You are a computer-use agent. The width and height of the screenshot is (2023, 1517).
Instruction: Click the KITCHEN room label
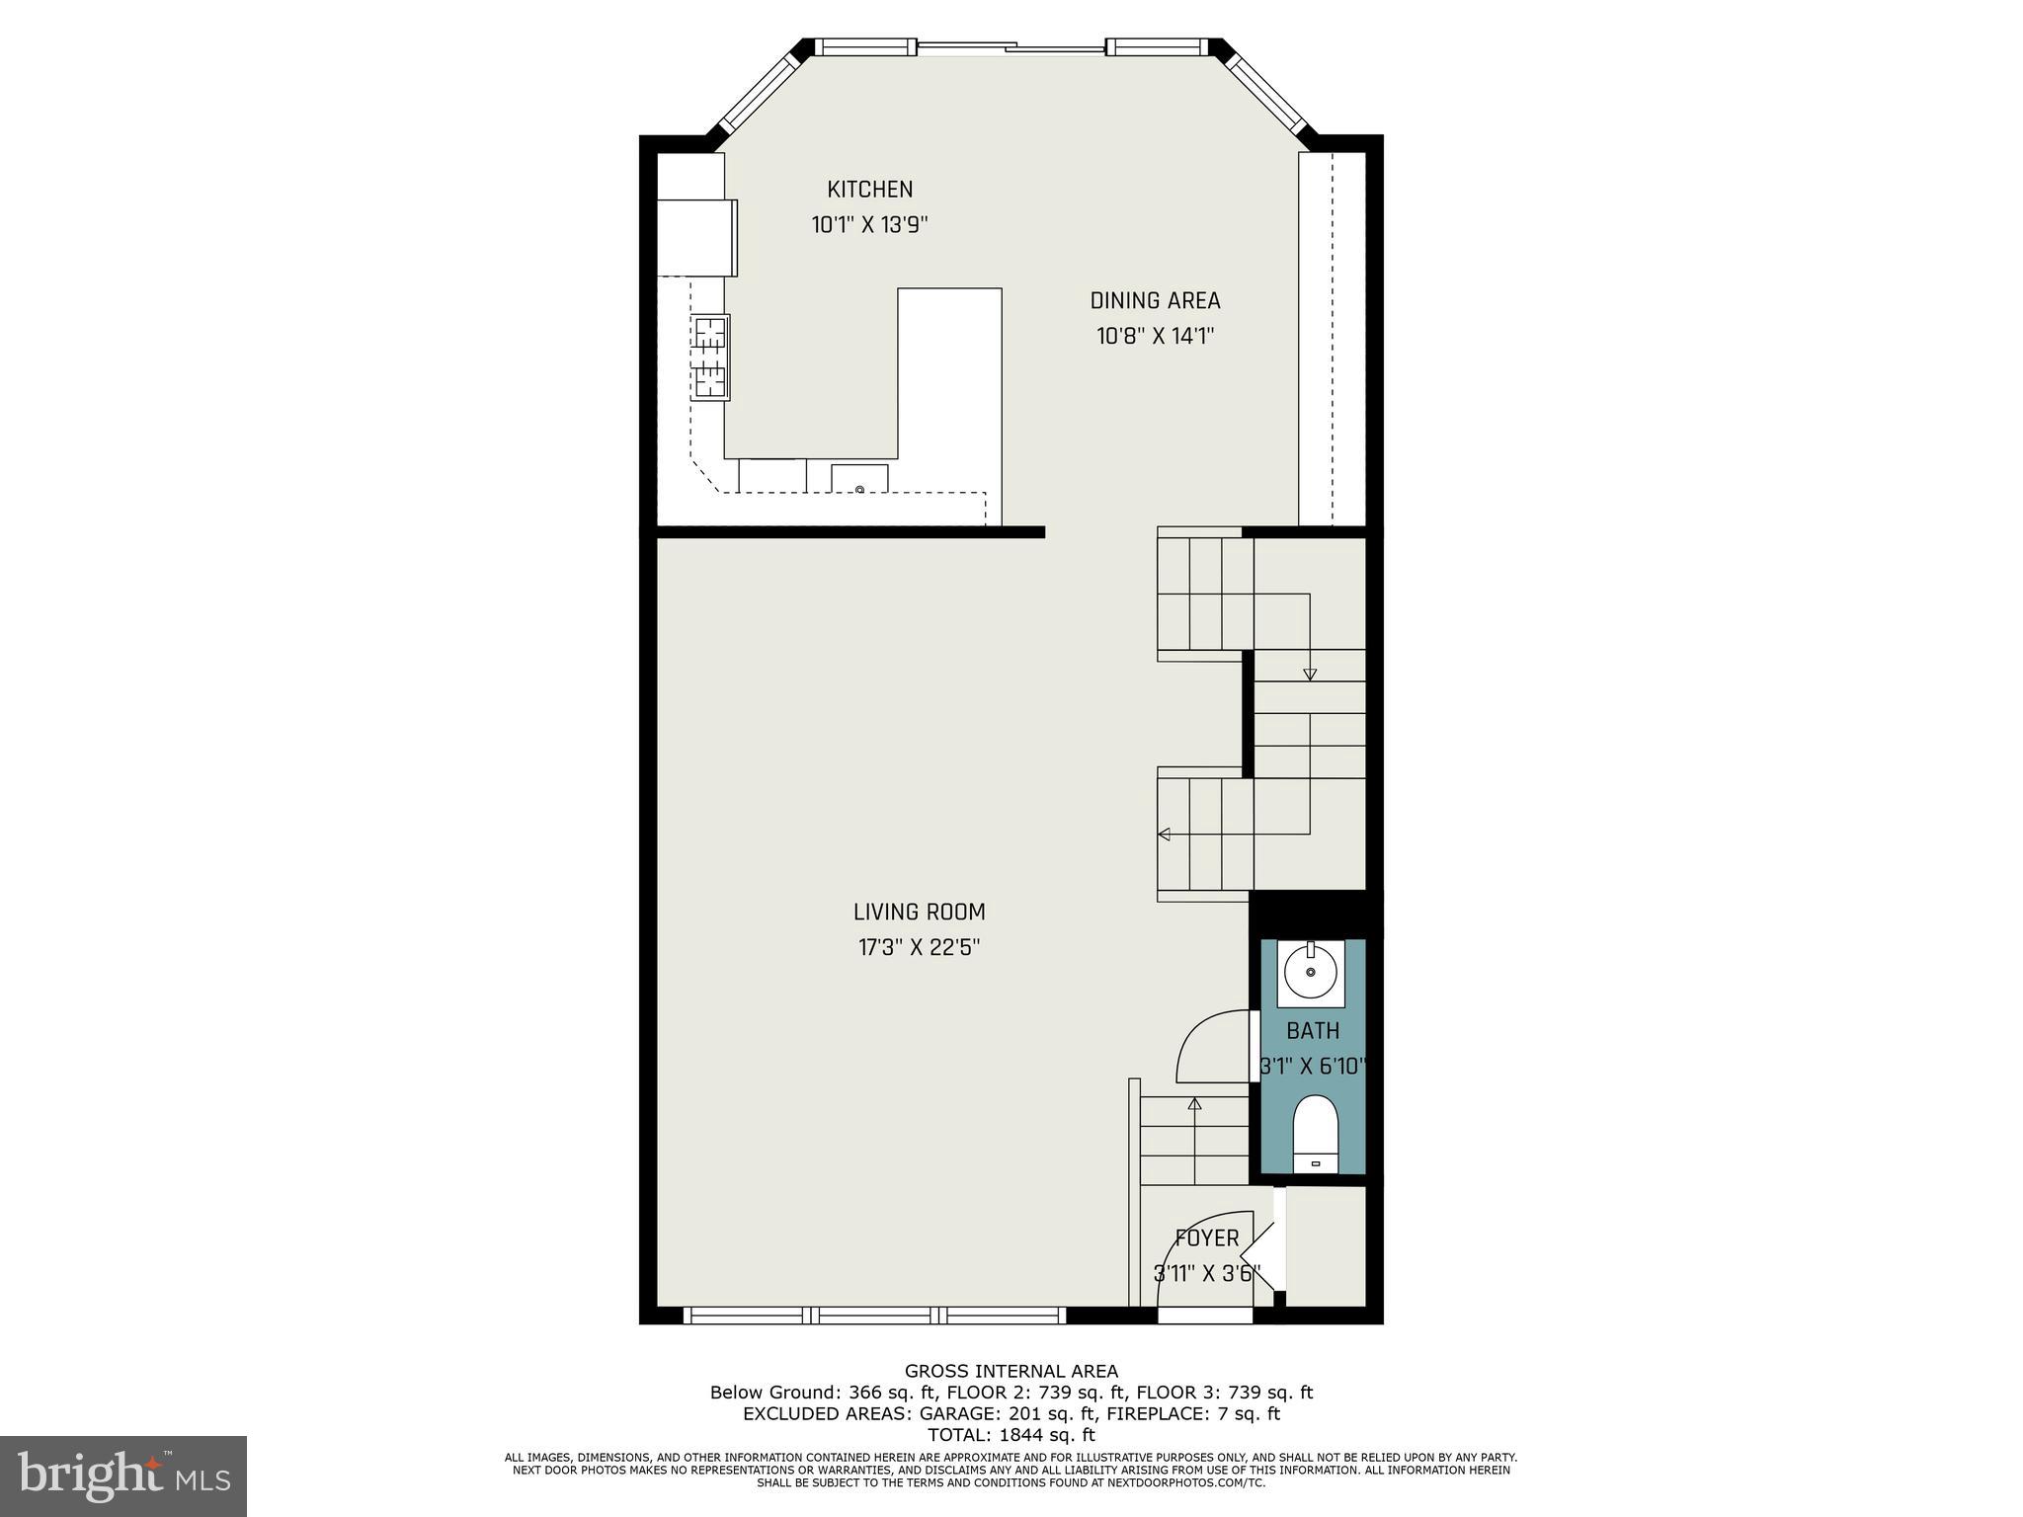coord(869,189)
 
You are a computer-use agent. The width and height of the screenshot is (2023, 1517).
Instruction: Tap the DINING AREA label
coord(1155,300)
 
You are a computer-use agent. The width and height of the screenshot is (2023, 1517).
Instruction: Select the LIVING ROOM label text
coord(919,912)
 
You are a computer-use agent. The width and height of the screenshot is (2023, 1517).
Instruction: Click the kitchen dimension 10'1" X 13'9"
coord(869,225)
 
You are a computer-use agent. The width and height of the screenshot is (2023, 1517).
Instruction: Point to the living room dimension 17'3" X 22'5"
coord(919,948)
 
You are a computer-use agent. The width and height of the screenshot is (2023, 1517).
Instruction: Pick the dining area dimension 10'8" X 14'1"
coord(1155,337)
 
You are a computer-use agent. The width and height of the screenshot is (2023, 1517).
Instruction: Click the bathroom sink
coord(1311,973)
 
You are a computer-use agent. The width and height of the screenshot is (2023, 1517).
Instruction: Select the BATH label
coord(1313,1031)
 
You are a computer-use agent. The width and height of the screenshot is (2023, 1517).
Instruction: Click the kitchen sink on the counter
coord(859,479)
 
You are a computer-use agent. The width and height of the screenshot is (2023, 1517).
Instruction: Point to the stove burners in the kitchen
coord(710,357)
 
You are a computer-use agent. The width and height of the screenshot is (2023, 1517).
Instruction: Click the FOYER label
coord(1206,1238)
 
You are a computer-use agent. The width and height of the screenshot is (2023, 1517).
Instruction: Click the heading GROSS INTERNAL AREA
coord(1011,1371)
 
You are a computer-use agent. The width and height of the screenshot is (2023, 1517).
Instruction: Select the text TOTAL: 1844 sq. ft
coord(1011,1435)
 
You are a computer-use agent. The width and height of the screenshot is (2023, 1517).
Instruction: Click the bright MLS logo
coord(123,1476)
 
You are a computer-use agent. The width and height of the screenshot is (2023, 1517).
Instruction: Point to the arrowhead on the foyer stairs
coord(1194,1103)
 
